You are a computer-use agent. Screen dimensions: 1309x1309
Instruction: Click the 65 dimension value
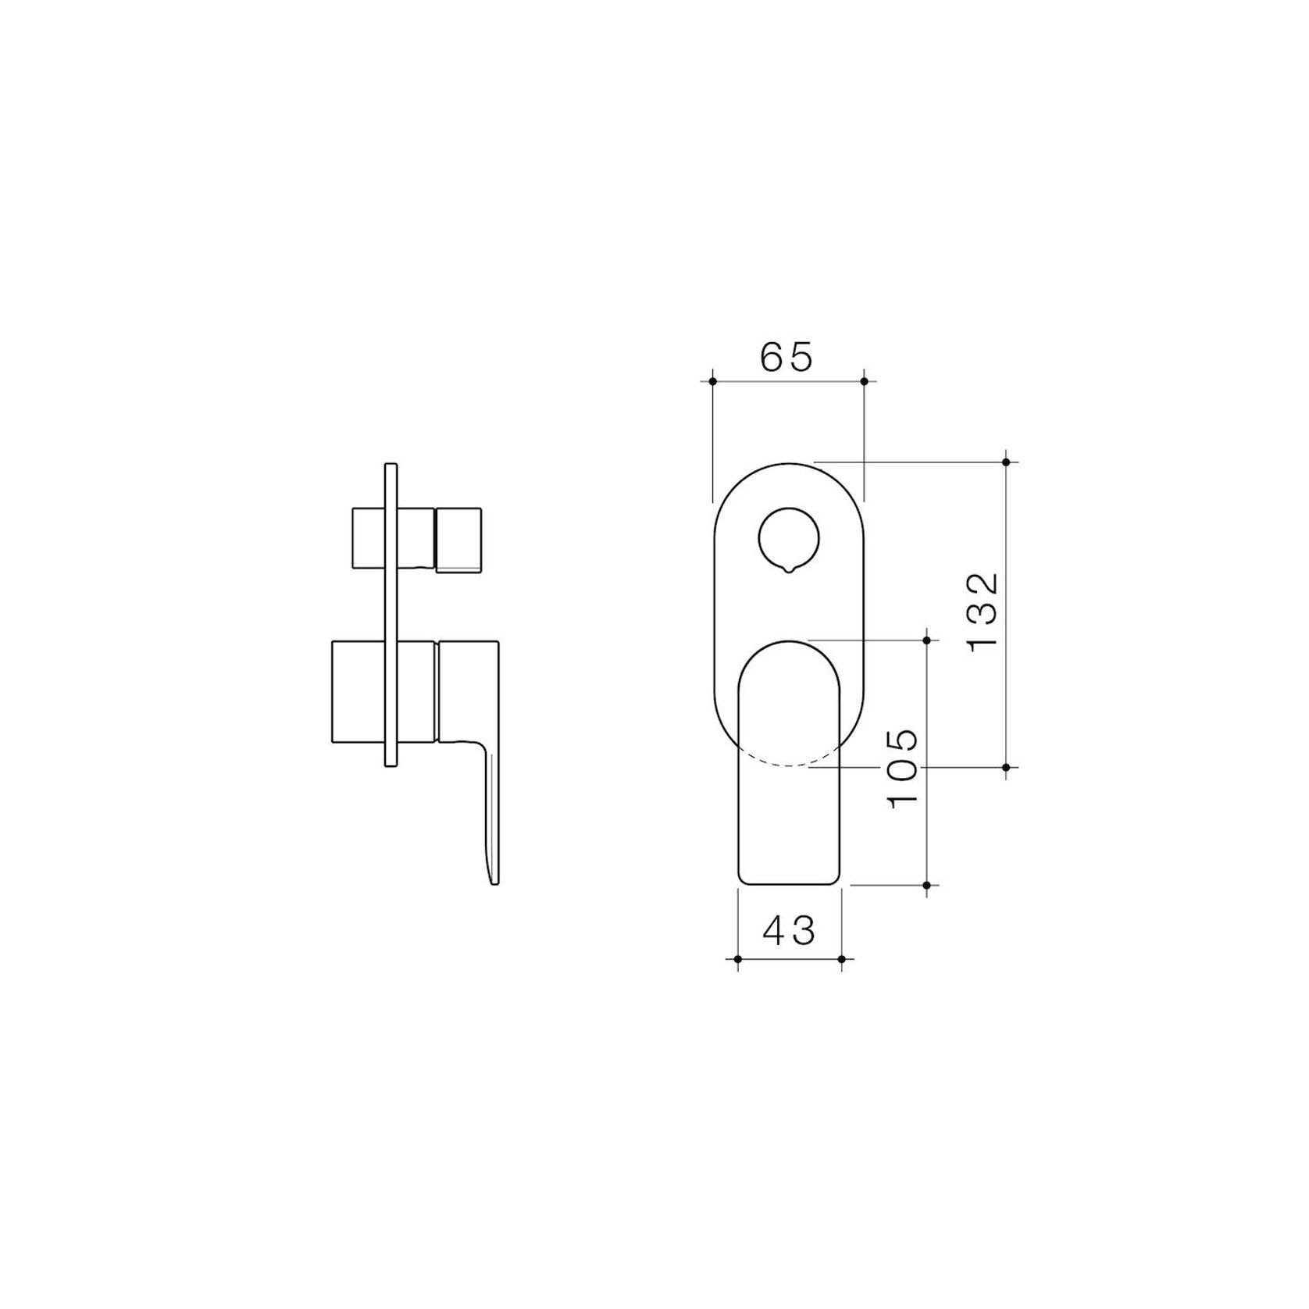click(x=786, y=357)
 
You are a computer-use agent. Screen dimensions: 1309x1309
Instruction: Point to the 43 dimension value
click(x=789, y=930)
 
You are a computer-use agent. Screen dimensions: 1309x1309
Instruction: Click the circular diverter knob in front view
click(x=789, y=538)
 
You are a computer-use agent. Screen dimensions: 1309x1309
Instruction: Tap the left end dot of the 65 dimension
click(x=712, y=381)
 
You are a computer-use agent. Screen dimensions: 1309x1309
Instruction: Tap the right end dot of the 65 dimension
click(x=864, y=381)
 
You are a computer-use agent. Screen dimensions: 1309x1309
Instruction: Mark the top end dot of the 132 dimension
click(x=1006, y=462)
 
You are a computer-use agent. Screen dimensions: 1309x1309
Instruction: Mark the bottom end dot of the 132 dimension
click(x=1006, y=767)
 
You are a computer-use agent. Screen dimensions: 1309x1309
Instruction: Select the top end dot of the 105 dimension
click(x=927, y=640)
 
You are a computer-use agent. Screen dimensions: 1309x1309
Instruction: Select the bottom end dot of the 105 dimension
click(x=927, y=885)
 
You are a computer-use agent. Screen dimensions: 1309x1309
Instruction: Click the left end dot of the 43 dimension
click(x=737, y=958)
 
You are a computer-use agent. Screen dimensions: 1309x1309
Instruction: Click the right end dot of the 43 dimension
click(x=841, y=958)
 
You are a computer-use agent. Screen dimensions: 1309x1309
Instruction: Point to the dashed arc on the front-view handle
click(x=789, y=762)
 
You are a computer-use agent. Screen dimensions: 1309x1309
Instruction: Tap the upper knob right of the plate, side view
click(x=458, y=539)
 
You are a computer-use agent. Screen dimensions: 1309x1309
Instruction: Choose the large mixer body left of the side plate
click(x=358, y=691)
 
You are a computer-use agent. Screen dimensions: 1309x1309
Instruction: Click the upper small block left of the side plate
click(x=369, y=538)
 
